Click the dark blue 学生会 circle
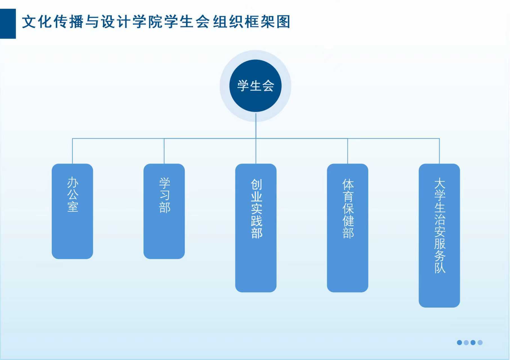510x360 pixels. tap(255, 86)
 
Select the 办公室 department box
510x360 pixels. tap(72, 211)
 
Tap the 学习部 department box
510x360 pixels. tap(164, 211)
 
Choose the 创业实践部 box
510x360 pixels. tap(256, 228)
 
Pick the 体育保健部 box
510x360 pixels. tap(348, 228)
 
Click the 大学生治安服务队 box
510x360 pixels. tap(439, 235)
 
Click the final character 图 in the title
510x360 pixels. tap(283, 22)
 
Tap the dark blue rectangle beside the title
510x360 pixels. tap(8, 24)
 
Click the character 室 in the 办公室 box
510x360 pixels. tap(73, 207)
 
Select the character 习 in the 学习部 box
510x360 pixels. tap(165, 195)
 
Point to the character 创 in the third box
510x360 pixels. tap(256, 184)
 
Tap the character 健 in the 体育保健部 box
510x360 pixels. tap(348, 221)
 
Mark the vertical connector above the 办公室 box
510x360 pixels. tap(72, 151)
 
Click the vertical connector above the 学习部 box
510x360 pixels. tap(164, 151)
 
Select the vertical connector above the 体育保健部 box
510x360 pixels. tap(348, 151)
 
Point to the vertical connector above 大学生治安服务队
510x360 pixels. tap(439, 151)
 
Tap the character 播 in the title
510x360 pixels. tap(76, 22)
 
